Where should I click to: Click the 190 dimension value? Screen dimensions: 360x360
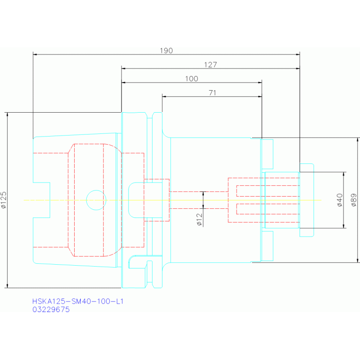(167, 50)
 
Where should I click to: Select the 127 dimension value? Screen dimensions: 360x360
(210, 65)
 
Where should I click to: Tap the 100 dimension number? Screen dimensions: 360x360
(191, 79)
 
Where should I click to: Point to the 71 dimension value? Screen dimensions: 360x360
(212, 93)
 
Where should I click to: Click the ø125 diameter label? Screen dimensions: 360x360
(4, 200)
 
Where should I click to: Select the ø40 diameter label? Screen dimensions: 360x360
(340, 200)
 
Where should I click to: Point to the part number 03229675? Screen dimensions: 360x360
(51, 310)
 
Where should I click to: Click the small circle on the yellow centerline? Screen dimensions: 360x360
(96, 200)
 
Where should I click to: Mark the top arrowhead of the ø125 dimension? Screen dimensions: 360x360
(8, 114)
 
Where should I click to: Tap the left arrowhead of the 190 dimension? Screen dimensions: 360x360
(35, 54)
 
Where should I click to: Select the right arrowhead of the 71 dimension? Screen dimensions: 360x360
(260, 97)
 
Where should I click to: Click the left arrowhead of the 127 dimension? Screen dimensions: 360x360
(123, 69)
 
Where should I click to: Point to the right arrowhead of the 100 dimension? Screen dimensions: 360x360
(260, 83)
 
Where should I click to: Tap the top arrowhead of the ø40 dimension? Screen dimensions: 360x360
(344, 174)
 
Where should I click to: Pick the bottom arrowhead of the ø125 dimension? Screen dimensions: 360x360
(8, 286)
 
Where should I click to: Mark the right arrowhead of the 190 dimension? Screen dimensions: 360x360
(298, 54)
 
